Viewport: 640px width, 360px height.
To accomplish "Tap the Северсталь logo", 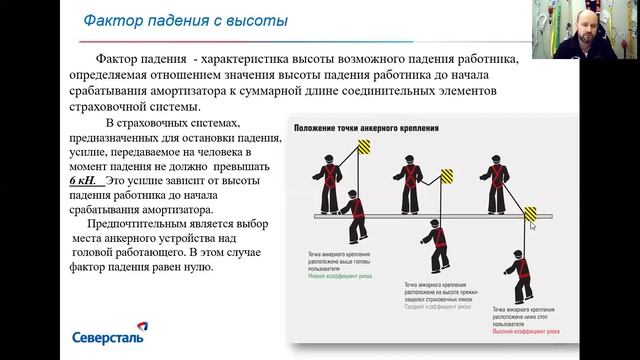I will point(108,336).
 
